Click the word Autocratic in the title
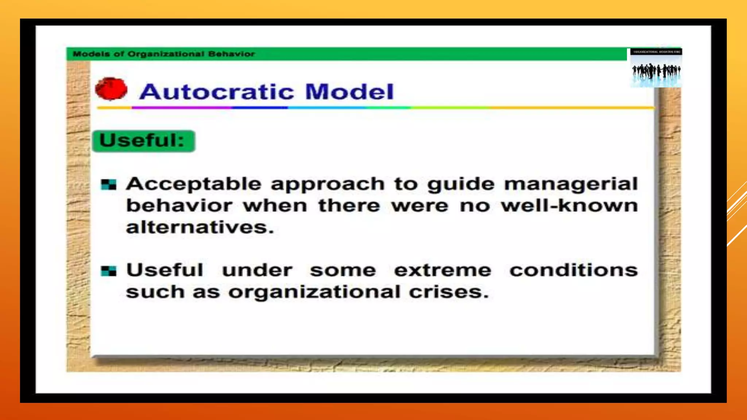click(x=217, y=92)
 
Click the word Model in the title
click(x=349, y=92)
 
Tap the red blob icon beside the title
click(x=111, y=89)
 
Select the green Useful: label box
click(x=144, y=141)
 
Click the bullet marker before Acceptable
click(x=109, y=184)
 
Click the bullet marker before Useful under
click(x=109, y=271)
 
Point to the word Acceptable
click(x=194, y=184)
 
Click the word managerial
click(x=571, y=184)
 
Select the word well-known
click(x=569, y=206)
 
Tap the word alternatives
click(x=200, y=227)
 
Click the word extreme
click(x=442, y=271)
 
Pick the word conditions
click(x=573, y=271)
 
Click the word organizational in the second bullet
click(x=314, y=292)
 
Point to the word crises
click(x=448, y=292)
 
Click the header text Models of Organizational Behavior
click(x=164, y=54)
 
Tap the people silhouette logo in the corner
click(x=656, y=69)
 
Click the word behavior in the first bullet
click(x=179, y=206)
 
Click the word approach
click(x=328, y=184)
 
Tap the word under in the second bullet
click(x=257, y=271)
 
